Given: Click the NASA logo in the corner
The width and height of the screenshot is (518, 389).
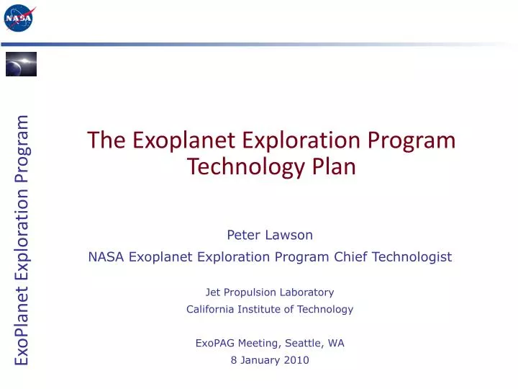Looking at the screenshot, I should coord(19,17).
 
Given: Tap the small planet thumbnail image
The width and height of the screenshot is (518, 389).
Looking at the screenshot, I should coord(21,64).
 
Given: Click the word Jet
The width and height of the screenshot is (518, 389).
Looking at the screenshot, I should coord(213,292).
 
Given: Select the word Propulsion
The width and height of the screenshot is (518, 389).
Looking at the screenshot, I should coord(251,292).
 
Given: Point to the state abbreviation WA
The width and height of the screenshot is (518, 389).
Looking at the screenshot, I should coord(336,343).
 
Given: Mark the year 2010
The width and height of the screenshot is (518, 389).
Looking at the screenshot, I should coord(296,360).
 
